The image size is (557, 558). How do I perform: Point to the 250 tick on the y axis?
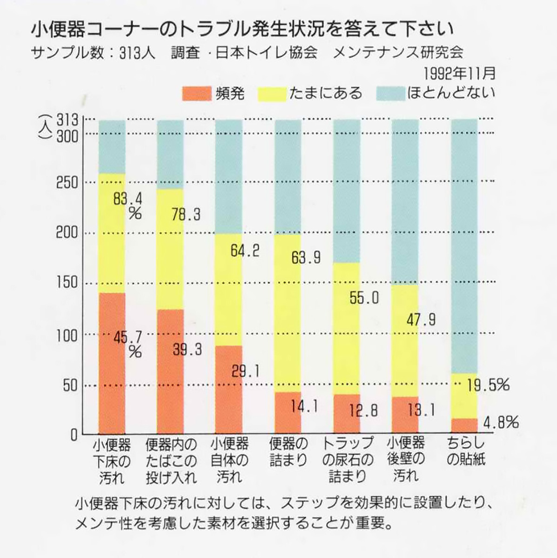pos(66,182)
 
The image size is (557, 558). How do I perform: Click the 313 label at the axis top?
pos(67,120)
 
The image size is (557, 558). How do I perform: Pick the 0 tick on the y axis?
pos(73,434)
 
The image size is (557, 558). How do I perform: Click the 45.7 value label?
pos(128,336)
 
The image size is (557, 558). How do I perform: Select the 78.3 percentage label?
pos(186,214)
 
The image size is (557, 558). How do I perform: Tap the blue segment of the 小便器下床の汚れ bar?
pos(112,146)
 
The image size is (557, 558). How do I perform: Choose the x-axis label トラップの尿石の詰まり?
pos(347,459)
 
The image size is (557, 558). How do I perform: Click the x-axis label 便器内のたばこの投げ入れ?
pos(171,459)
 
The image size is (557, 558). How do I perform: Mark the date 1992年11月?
pos(459,74)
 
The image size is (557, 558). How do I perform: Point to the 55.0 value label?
pos(364,298)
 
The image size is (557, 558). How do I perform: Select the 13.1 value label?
pos(421,410)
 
